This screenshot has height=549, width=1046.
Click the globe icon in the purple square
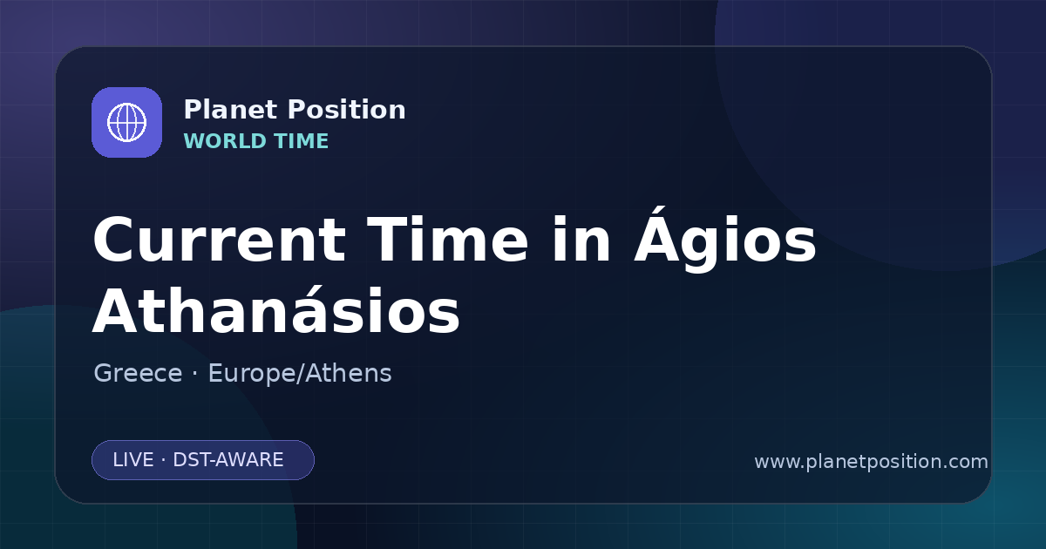[126, 122]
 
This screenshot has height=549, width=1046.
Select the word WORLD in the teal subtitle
[224, 141]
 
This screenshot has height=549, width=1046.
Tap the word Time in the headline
[447, 240]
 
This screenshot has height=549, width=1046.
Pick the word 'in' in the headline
[581, 240]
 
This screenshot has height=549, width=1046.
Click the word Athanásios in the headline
[276, 308]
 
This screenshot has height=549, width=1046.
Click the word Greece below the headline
[138, 373]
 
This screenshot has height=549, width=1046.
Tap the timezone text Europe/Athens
[300, 373]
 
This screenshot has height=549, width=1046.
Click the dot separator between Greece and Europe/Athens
[194, 374]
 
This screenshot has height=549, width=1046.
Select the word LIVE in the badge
[133, 460]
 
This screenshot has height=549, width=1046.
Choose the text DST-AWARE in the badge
[228, 460]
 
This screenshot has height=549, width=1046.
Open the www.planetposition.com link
[872, 462]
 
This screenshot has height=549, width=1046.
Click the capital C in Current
[112, 240]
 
